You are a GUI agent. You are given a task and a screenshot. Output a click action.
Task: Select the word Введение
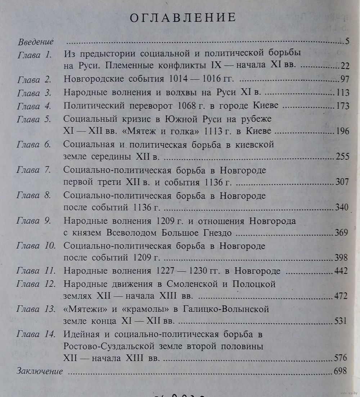[x=36, y=41]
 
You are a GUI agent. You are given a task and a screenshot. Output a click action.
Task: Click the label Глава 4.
[x=35, y=106]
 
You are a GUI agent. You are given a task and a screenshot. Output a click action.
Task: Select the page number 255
[x=342, y=157]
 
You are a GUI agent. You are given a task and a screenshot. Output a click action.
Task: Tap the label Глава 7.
[x=35, y=170]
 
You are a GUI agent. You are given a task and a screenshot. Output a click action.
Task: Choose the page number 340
[x=341, y=208]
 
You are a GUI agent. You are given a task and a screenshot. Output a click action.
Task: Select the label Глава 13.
[x=36, y=309]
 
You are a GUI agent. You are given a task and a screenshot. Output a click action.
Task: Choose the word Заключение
[x=40, y=371]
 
